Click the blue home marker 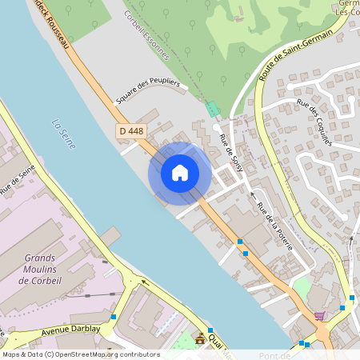(x=180, y=173)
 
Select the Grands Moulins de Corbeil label (x=46, y=269)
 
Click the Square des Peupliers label (x=149, y=89)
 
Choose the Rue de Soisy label (x=231, y=150)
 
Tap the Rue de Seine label (x=18, y=180)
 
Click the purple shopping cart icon (x=320, y=317)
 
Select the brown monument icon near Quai (x=200, y=339)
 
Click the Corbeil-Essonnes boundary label (x=146, y=35)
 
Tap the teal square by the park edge (x=212, y=107)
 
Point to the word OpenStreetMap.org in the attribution (x=101, y=354)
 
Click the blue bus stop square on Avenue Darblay (x=114, y=318)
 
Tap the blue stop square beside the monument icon (x=210, y=330)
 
